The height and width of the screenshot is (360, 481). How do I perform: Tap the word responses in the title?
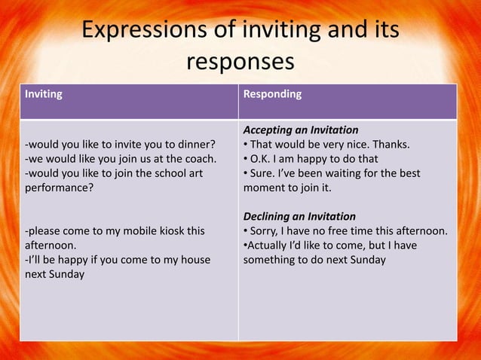pyautogui.click(x=240, y=61)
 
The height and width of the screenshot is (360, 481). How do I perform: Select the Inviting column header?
pyautogui.click(x=44, y=95)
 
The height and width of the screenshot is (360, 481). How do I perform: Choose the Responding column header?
pyautogui.click(x=272, y=94)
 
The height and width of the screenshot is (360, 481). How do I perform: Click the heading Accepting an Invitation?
pyautogui.click(x=301, y=130)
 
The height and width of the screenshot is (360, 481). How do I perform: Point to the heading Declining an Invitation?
pyautogui.click(x=299, y=216)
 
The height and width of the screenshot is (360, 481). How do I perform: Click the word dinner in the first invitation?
pyautogui.click(x=197, y=144)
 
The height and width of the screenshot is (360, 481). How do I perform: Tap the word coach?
pyautogui.click(x=199, y=158)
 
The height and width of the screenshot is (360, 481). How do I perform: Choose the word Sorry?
pyautogui.click(x=266, y=230)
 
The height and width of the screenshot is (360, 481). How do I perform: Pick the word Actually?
pyautogui.click(x=269, y=246)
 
